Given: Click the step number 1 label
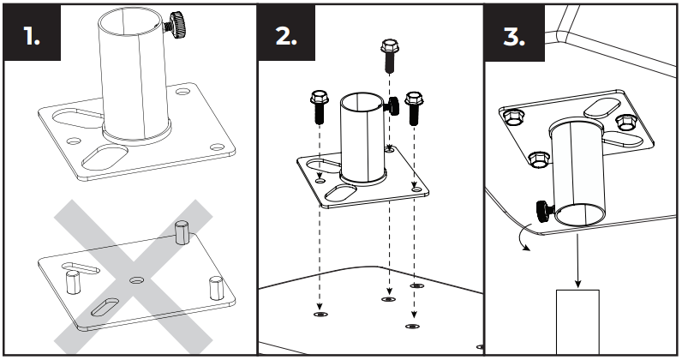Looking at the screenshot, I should click(31, 39).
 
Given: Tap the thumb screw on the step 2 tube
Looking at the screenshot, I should click(395, 105).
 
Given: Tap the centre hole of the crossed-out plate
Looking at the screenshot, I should click(136, 279).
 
